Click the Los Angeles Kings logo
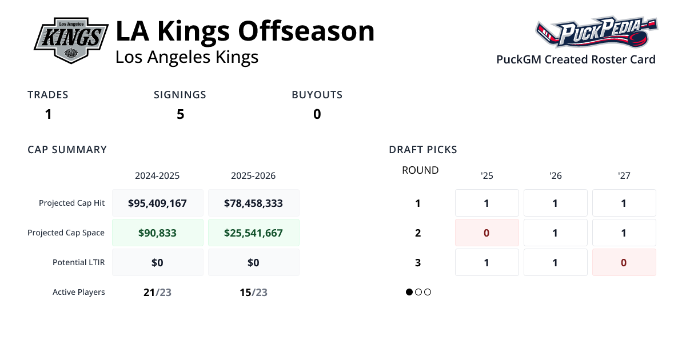71,39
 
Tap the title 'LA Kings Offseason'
245,31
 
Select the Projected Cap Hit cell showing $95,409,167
157,203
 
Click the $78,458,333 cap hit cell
253,203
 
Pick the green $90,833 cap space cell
157,233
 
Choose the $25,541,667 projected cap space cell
253,233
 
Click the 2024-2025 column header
157,175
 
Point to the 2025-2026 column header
253,175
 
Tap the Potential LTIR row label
79,262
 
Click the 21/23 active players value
157,292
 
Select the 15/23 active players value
253,292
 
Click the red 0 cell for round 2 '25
486,233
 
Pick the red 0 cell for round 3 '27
624,262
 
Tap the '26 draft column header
555,175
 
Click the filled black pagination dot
409,292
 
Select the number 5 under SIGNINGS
180,114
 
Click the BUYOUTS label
317,95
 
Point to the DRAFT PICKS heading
423,150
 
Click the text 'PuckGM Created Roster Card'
576,59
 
